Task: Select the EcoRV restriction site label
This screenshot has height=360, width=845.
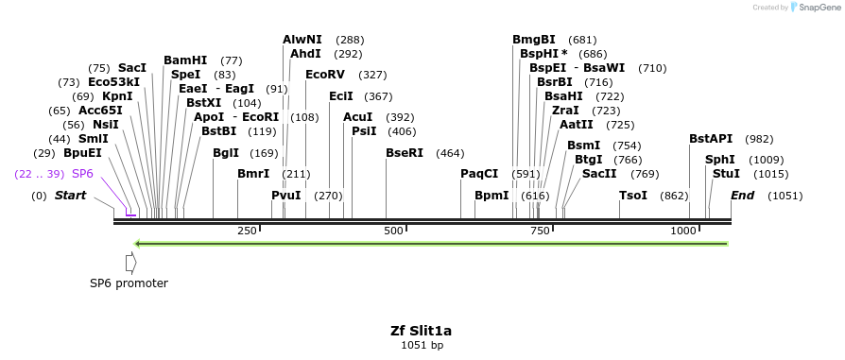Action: pos(324,75)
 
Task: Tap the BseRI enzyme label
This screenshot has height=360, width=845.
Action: pos(405,153)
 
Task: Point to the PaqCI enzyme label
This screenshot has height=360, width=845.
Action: pos(479,174)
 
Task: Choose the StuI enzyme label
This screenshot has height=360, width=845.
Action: pos(726,174)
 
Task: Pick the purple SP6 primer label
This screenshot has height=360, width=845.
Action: pos(83,174)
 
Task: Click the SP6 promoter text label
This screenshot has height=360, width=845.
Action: pos(129,283)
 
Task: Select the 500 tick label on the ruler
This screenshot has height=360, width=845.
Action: pos(393,231)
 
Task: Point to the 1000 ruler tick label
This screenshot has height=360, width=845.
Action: pos(683,231)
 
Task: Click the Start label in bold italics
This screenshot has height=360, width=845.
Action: pos(70,196)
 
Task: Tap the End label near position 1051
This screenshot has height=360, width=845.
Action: pos(743,196)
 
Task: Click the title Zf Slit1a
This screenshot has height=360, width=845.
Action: pos(422,331)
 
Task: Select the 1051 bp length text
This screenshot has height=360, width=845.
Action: pos(422,346)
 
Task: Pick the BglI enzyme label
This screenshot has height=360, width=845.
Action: pos(226,153)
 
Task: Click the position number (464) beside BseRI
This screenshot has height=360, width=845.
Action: pos(450,153)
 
